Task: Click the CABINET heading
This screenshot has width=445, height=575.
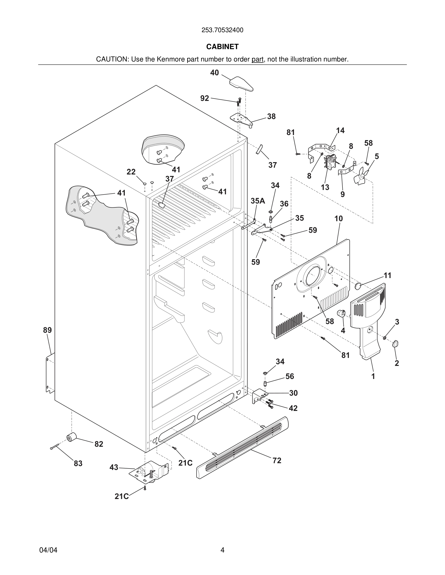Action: click(222, 47)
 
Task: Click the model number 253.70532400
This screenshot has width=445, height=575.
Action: click(222, 30)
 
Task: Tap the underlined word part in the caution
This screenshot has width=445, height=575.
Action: click(257, 60)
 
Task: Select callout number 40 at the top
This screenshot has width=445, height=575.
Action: click(214, 73)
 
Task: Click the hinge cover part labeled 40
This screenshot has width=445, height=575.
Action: click(241, 83)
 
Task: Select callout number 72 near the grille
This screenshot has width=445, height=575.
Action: click(277, 461)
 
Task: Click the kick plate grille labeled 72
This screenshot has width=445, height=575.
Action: click(243, 447)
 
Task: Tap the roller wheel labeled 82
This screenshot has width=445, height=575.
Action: click(71, 437)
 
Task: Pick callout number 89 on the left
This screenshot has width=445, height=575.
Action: click(48, 330)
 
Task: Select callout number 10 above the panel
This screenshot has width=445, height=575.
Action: click(339, 219)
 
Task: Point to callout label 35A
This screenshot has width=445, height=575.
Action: click(258, 201)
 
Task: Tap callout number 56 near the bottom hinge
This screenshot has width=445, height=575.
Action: click(289, 376)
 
